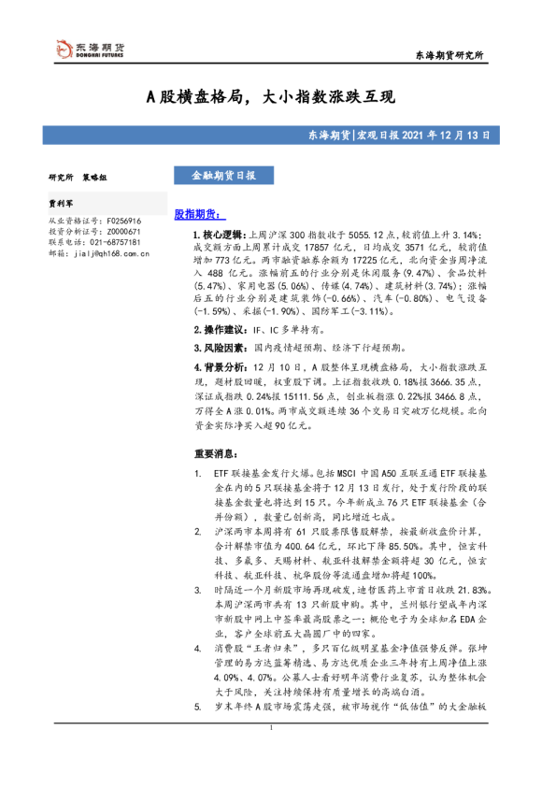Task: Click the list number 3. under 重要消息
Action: (197, 591)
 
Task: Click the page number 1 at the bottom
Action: (270, 753)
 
